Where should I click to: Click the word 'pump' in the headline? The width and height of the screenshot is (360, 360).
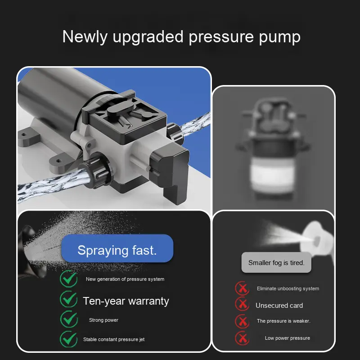pyautogui.click(x=279, y=37)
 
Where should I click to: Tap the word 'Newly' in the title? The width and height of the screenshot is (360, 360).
pyautogui.click(x=85, y=37)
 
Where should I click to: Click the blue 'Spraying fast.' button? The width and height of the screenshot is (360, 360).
pyautogui.click(x=117, y=248)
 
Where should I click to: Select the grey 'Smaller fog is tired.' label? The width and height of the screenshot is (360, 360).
pyautogui.click(x=276, y=262)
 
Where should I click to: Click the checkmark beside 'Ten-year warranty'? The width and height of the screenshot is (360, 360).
pyautogui.click(x=69, y=299)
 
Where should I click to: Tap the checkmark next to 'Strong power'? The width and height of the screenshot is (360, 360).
pyautogui.click(x=69, y=319)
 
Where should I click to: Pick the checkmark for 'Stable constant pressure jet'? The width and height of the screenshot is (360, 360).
pyautogui.click(x=69, y=339)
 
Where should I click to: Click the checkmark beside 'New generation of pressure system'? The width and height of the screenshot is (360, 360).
pyautogui.click(x=69, y=279)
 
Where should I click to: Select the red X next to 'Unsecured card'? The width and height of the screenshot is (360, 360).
pyautogui.click(x=242, y=304)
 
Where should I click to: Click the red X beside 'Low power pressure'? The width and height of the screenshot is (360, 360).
pyautogui.click(x=242, y=338)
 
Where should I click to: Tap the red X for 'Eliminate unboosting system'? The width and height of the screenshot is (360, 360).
pyautogui.click(x=242, y=288)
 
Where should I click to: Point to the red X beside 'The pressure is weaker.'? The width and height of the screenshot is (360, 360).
pyautogui.click(x=242, y=321)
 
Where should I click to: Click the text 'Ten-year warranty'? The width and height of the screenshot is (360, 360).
pyautogui.click(x=126, y=301)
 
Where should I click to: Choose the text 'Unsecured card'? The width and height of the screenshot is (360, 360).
pyautogui.click(x=279, y=306)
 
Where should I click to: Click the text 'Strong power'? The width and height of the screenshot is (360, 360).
pyautogui.click(x=103, y=320)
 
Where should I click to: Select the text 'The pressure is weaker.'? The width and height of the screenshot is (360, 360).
pyautogui.click(x=283, y=321)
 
